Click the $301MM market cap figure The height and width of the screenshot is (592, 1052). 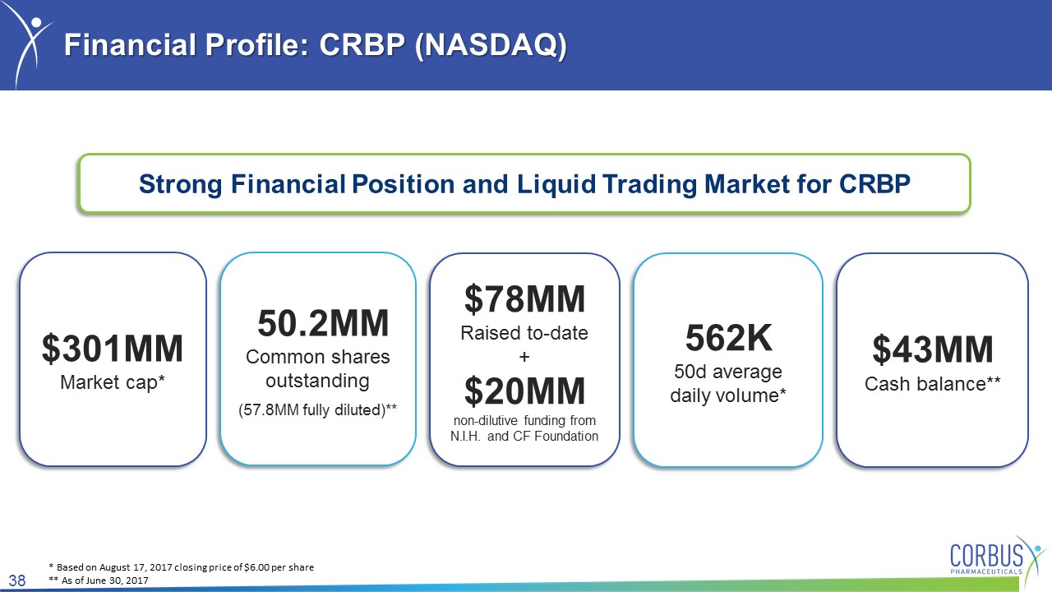[113, 349]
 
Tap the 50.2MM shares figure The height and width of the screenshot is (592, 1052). [323, 323]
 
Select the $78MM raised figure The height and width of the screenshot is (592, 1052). [524, 299]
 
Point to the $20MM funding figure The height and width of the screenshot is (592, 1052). [524, 391]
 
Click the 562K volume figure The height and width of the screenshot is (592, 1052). [728, 338]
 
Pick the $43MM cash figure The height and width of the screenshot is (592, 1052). [933, 349]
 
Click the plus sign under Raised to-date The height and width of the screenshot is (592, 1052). [524, 357]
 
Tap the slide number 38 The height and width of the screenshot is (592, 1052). [17, 580]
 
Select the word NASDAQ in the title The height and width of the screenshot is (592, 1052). [491, 45]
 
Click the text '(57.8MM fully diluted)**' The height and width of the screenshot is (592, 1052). [318, 410]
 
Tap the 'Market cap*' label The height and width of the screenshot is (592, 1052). [113, 382]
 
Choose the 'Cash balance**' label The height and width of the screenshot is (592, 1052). [933, 384]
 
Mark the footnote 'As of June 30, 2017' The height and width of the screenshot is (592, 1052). [104, 580]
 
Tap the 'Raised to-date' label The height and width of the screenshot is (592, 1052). [524, 333]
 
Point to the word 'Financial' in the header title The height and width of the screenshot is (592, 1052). [130, 45]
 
